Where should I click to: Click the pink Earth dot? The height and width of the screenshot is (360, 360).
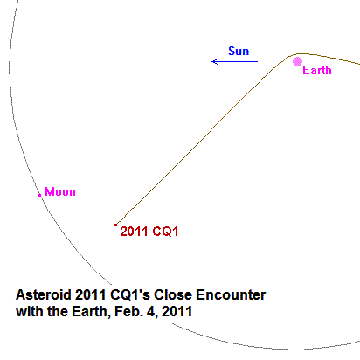click(297, 62)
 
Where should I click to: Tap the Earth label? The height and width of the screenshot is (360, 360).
click(317, 70)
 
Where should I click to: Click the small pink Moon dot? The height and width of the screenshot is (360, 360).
click(40, 195)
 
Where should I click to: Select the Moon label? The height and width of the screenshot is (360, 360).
click(60, 192)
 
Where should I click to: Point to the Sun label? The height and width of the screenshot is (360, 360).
click(239, 51)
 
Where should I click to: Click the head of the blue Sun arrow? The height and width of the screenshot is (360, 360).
click(212, 61)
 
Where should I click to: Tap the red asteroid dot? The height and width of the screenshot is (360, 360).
click(115, 225)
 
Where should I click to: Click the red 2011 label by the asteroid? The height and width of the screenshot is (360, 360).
click(134, 232)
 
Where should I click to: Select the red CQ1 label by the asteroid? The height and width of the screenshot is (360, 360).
click(165, 232)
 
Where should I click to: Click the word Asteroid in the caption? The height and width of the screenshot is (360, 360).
click(44, 294)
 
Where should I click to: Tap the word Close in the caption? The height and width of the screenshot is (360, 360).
click(173, 294)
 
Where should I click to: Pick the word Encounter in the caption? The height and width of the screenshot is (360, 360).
click(231, 294)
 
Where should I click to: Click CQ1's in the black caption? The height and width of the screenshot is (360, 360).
click(130, 294)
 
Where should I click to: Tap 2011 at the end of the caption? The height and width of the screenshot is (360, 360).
click(177, 311)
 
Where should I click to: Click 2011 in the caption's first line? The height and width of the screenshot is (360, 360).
click(90, 294)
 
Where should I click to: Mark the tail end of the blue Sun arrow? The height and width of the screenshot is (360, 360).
click(258, 61)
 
